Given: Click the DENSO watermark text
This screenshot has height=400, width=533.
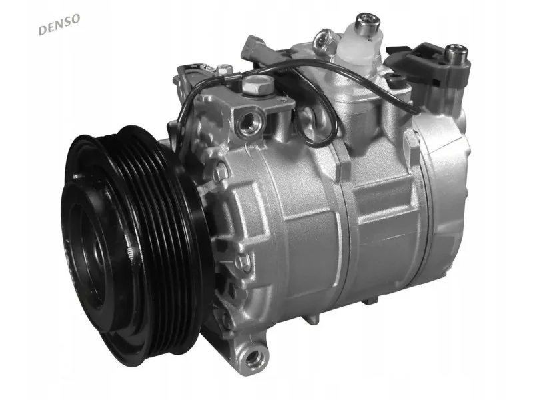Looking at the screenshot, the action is click(x=60, y=25).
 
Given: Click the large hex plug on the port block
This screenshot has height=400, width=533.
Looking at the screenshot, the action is click(x=257, y=85).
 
